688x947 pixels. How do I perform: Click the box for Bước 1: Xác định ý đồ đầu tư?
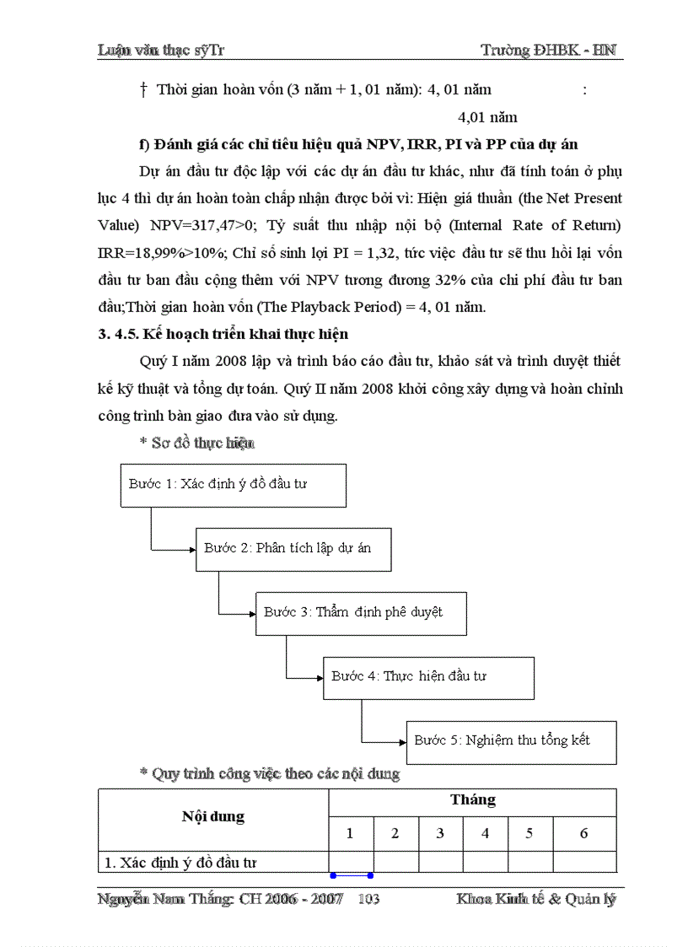pos(233,485)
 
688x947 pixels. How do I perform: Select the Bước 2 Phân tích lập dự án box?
pos(293,549)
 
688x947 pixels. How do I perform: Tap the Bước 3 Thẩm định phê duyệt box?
pos(361,613)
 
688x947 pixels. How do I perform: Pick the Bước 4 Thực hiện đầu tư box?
pos(428,676)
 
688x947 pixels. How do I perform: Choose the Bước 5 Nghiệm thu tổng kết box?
pos(511,741)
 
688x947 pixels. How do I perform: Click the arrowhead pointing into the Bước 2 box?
pos(191,549)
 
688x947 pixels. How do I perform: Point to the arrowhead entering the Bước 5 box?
pos(401,742)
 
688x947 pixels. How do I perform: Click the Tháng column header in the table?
pos(472,800)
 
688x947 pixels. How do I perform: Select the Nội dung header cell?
pos(213,816)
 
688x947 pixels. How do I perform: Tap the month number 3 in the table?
pos(440,834)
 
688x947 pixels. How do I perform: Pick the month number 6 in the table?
pos(583,834)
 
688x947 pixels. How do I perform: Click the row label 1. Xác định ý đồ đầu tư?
pos(180,863)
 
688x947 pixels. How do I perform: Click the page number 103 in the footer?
pos(368,900)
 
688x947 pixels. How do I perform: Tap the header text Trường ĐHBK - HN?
pos(548,51)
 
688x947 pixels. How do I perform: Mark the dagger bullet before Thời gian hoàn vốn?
pos(144,89)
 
